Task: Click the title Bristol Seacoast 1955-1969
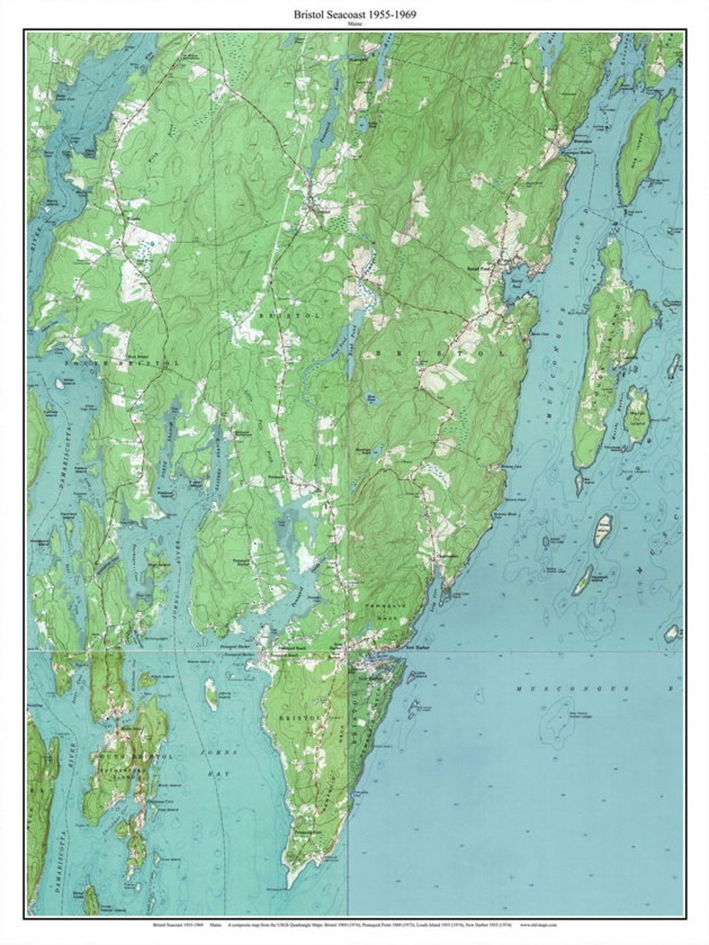(x=354, y=12)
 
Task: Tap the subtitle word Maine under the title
(x=354, y=23)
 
